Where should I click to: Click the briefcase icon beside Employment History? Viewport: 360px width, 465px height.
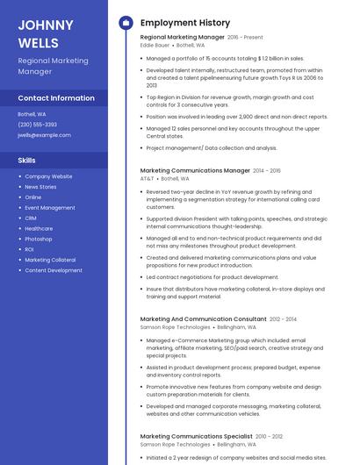pyautogui.click(x=125, y=23)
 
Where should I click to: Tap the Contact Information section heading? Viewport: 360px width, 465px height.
pyautogui.click(x=56, y=98)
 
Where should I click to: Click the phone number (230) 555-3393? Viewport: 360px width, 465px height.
pyautogui.click(x=38, y=125)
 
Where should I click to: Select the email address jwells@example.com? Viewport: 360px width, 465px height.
pyautogui.click(x=44, y=135)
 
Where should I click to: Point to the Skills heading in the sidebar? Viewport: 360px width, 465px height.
pyautogui.click(x=27, y=161)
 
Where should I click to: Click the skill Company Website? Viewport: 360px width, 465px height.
pyautogui.click(x=48, y=176)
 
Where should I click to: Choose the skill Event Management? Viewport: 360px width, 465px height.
pyautogui.click(x=50, y=208)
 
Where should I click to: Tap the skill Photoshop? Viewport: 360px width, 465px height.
pyautogui.click(x=39, y=239)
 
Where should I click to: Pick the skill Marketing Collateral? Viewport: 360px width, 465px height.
pyautogui.click(x=50, y=260)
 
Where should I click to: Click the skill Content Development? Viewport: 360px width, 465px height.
pyautogui.click(x=54, y=270)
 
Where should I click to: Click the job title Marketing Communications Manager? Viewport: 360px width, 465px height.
pyautogui.click(x=195, y=170)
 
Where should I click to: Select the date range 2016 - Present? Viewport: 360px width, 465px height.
pyautogui.click(x=245, y=38)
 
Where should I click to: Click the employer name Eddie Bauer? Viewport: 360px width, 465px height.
pyautogui.click(x=155, y=45)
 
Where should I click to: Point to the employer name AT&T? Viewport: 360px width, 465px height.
pyautogui.click(x=147, y=178)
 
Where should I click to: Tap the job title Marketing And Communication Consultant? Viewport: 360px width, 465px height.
pyautogui.click(x=203, y=318)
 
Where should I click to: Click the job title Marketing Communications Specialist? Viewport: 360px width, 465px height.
pyautogui.click(x=196, y=436)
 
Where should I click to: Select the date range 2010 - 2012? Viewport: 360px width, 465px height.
pyautogui.click(x=270, y=436)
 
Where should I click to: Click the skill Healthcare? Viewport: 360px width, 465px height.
pyautogui.click(x=39, y=228)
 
